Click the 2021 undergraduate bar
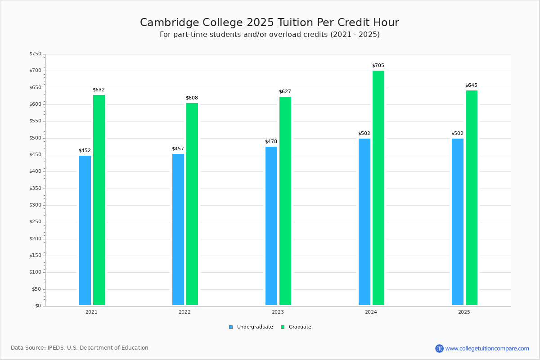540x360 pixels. tap(85, 230)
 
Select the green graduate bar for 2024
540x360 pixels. tap(378, 188)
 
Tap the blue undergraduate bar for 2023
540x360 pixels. tap(271, 226)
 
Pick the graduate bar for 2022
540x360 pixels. tap(192, 204)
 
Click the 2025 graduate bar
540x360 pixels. tap(472, 198)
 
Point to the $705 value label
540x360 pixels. tap(378, 66)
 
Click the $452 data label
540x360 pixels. tap(85, 151)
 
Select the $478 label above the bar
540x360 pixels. tap(271, 142)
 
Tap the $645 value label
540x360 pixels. tap(471, 85)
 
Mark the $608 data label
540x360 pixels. tap(192, 98)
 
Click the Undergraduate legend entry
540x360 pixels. tap(251, 327)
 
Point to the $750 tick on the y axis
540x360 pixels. tap(35, 54)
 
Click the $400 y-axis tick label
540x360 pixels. tap(35, 171)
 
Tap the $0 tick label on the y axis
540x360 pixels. tap(37, 306)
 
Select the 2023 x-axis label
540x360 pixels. tap(278, 312)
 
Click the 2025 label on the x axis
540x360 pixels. tap(464, 312)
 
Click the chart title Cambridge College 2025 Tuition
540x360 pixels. tap(270, 22)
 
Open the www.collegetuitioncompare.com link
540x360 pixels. tap(487, 348)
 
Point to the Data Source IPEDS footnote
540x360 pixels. tap(80, 348)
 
